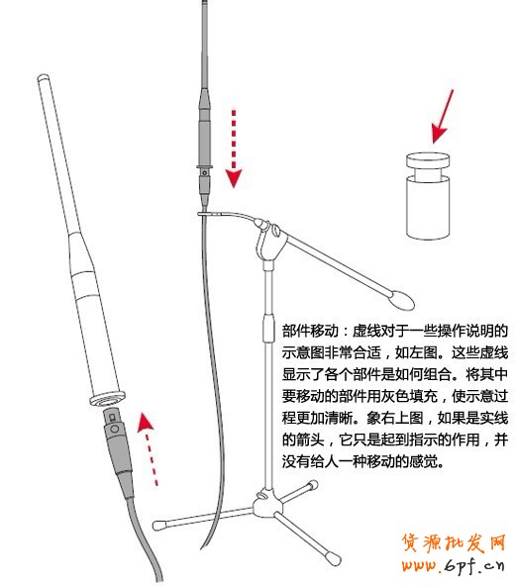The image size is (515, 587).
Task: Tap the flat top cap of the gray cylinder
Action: coord(432,158)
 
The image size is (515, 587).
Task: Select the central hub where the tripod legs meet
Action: coord(265,506)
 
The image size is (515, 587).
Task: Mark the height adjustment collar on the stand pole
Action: coord(265,330)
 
